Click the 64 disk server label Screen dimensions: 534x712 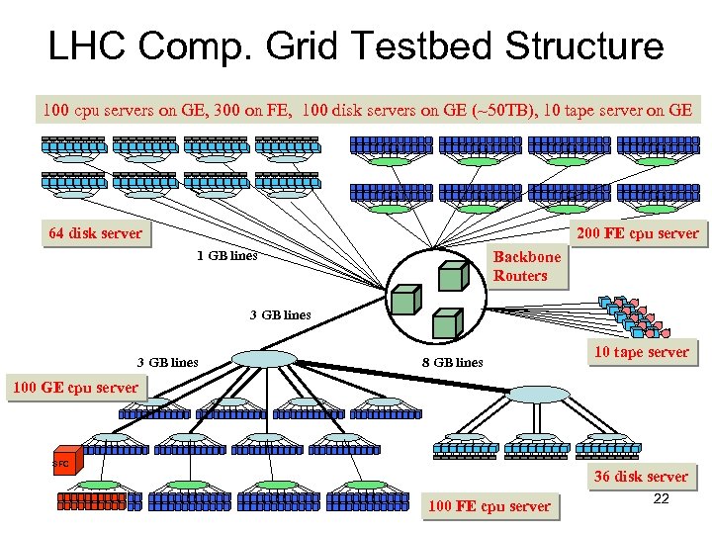coord(95,234)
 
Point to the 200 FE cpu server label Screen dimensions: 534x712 coord(637,234)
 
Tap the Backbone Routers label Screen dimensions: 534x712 coord(526,266)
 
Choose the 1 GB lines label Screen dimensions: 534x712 coord(226,256)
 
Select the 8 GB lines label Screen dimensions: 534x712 coord(452,362)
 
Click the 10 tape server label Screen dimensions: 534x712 coord(641,352)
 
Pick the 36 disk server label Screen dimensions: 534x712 coord(640,477)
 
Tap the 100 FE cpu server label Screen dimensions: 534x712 coord(489,506)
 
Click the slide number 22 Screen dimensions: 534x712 coord(662,498)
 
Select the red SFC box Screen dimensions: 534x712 coord(61,463)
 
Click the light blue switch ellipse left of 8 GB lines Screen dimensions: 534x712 coord(263,358)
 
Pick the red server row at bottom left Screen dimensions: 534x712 coord(91,500)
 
